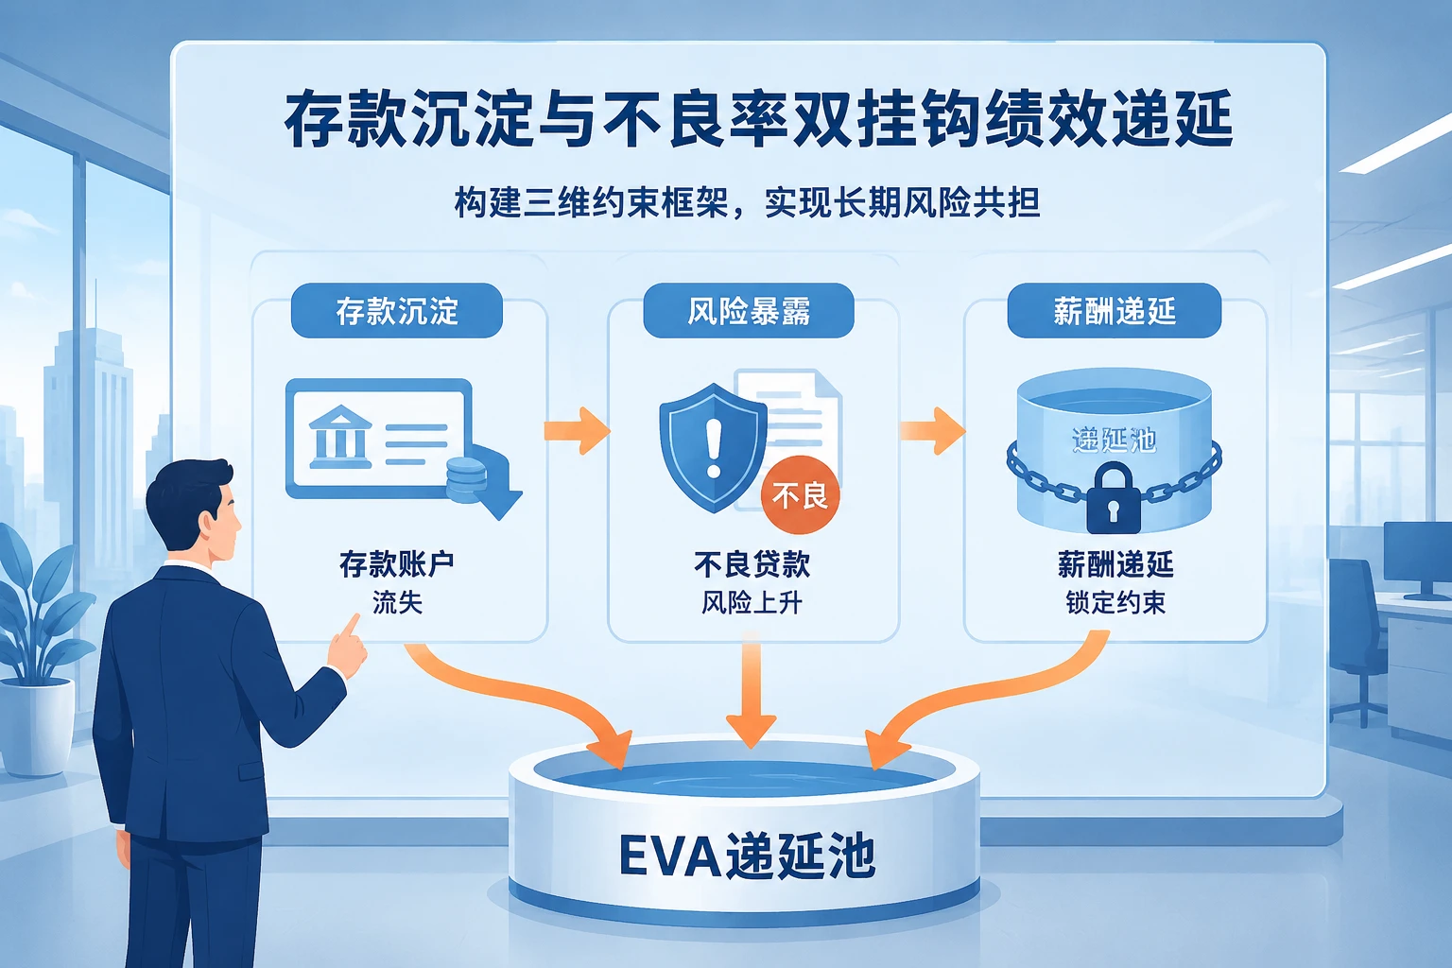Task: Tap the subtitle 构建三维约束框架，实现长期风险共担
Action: coord(748,203)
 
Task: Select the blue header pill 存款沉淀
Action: coord(397,311)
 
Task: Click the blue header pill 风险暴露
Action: coord(748,311)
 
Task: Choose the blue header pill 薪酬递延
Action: coord(1115,311)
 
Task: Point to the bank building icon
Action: coord(340,437)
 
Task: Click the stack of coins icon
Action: coord(466,480)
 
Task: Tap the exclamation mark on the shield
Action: coord(714,448)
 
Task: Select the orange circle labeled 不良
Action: coord(800,495)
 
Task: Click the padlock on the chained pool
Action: coord(1114,498)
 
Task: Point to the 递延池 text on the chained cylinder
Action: coord(1115,441)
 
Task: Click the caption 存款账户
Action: coord(397,564)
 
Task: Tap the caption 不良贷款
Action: coord(752,564)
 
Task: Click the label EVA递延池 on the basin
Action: coord(748,856)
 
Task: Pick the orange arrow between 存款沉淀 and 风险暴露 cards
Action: coord(577,430)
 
